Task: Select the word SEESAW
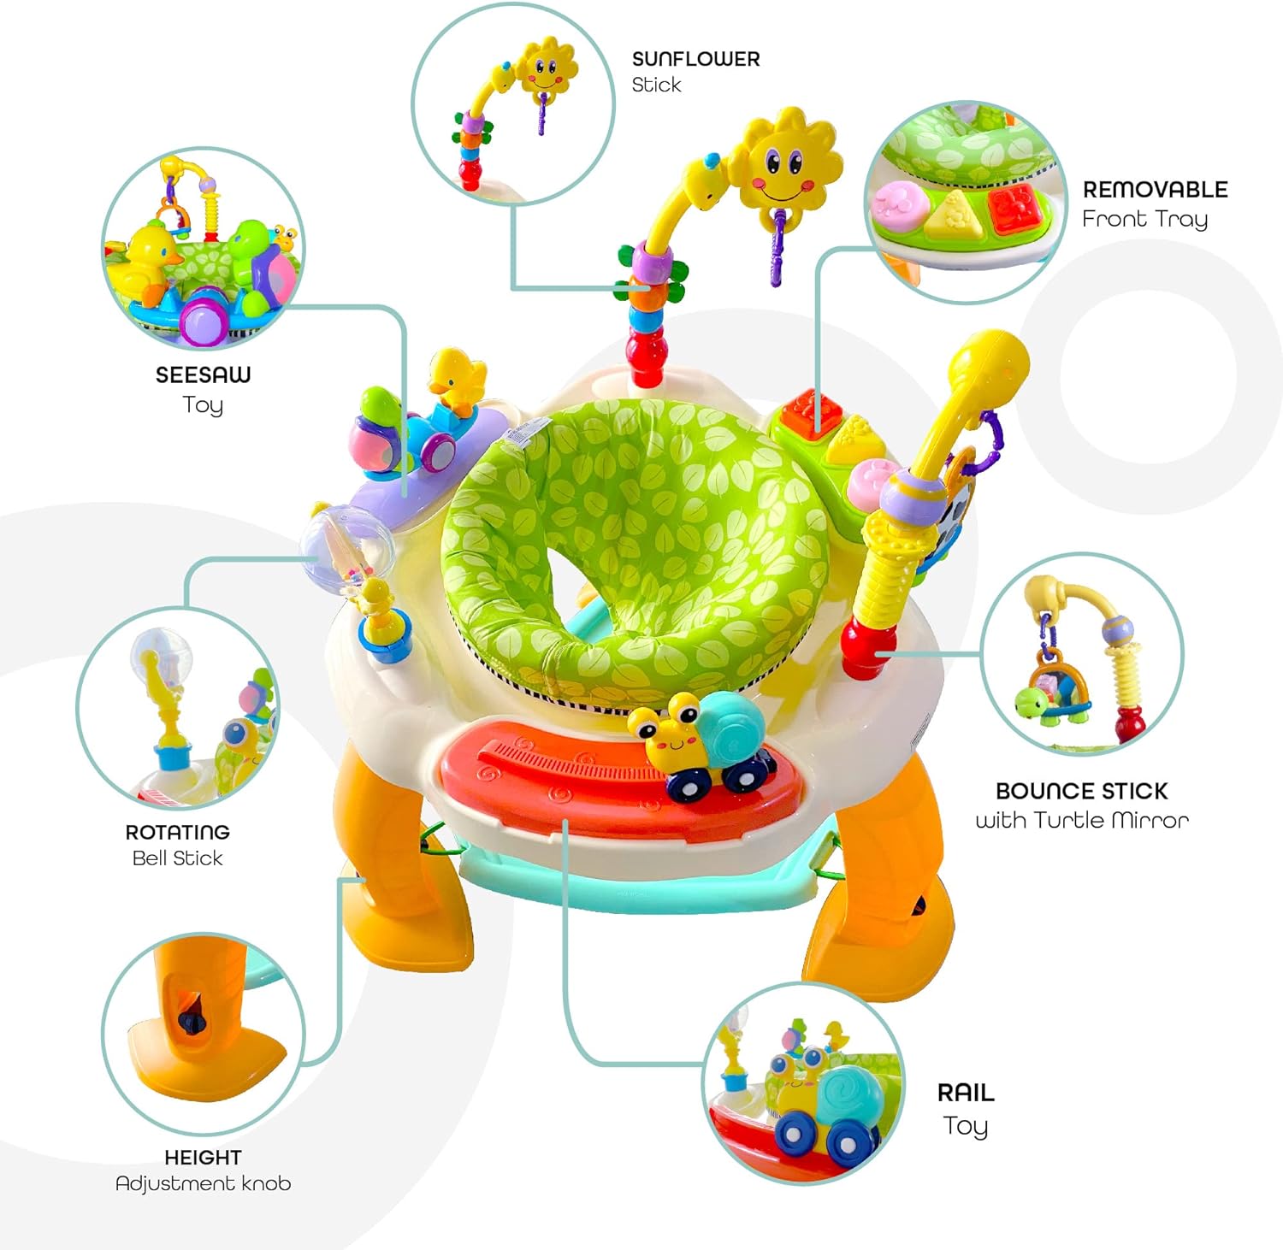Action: point(203,374)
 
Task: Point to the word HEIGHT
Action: point(203,1157)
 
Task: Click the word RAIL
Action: point(966,1093)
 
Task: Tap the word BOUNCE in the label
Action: point(1038,791)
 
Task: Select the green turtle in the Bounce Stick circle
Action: point(1038,703)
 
